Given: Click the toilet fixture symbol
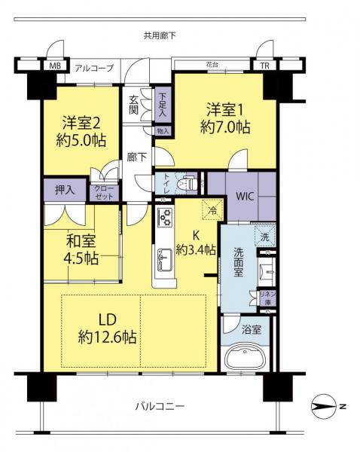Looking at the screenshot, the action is point(187,182).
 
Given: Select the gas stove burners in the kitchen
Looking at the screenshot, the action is point(165,217).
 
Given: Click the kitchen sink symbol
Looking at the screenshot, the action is point(165,261).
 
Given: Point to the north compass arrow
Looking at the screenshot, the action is point(325,407).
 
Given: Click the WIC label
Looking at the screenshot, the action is point(245,197).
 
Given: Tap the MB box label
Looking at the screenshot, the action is point(55,66).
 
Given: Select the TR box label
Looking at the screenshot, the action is point(264,66).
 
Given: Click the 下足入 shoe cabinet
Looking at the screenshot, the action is point(162,105).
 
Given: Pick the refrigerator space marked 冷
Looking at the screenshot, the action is point(212,209).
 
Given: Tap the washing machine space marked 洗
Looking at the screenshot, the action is point(265,237).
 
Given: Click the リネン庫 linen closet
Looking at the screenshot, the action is point(268,298).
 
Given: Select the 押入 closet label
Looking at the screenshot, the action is point(65,190).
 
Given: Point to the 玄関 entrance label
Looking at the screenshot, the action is point(133,105).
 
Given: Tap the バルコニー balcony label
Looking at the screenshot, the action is point(160,407).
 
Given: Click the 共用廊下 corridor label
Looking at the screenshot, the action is point(160,35).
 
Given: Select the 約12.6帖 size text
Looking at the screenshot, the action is point(107,337).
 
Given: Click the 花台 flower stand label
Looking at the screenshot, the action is point(212,64).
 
